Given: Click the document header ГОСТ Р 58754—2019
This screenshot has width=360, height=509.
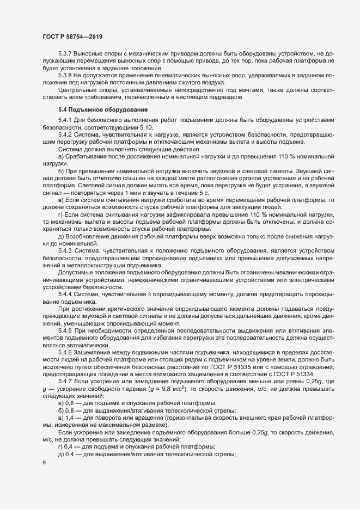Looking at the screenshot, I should pyautogui.click(x=72, y=36).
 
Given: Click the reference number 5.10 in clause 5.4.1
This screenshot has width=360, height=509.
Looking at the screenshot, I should pyautogui.click(x=133, y=126).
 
